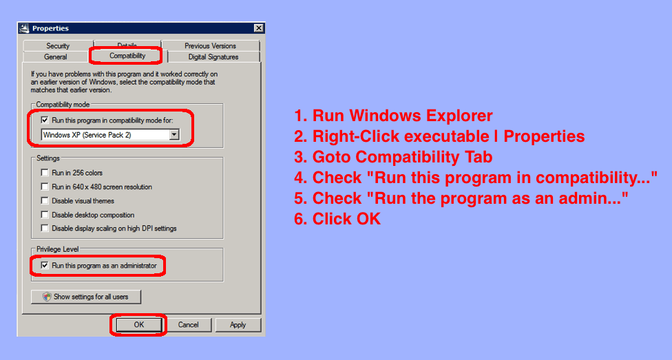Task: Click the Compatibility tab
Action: [127, 56]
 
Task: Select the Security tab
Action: [58, 46]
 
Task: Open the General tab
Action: [56, 57]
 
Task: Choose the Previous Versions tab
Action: [211, 46]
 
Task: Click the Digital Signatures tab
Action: [213, 57]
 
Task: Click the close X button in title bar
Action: [258, 28]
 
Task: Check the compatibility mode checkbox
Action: [45, 120]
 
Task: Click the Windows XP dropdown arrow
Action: [174, 135]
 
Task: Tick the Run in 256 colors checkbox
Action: [45, 173]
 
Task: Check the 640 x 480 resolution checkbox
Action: [45, 187]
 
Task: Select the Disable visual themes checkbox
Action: [45, 200]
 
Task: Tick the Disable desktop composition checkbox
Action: [45, 215]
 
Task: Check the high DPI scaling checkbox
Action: [45, 229]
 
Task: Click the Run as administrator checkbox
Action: [45, 266]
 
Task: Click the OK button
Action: [139, 325]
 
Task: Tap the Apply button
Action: [238, 325]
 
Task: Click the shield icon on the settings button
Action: [47, 297]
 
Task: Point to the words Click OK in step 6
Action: [346, 219]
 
